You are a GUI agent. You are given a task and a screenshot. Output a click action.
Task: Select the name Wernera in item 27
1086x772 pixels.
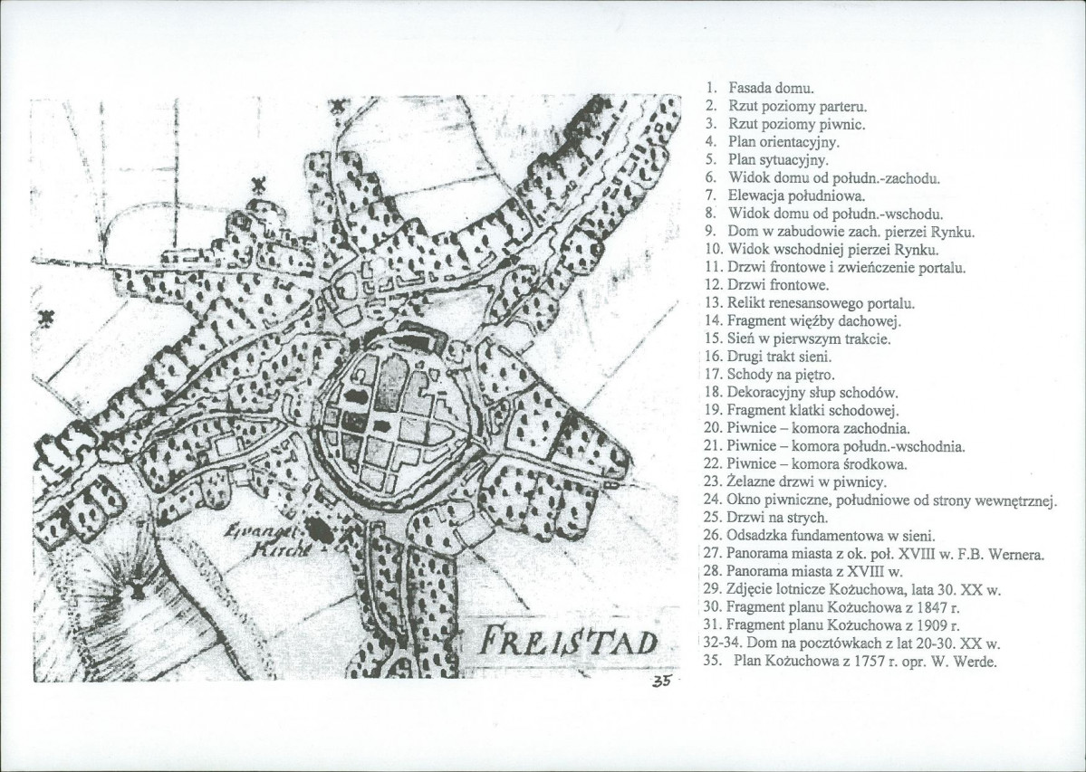[1016, 554]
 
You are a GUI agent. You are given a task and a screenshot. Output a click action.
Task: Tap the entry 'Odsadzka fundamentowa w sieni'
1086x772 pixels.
[825, 536]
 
